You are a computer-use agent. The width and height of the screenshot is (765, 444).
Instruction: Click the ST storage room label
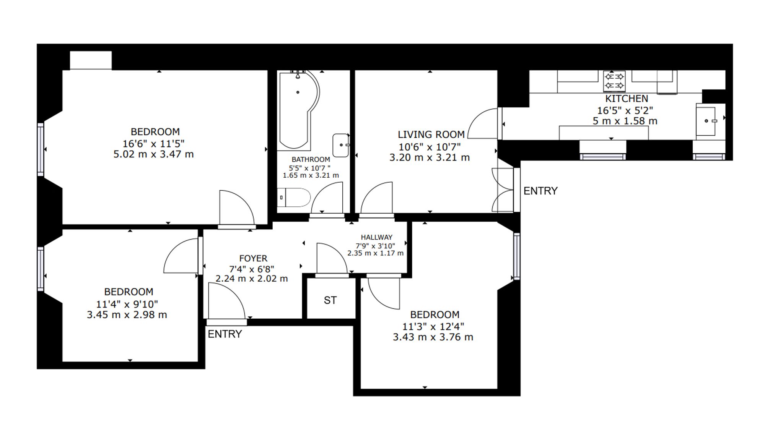click(x=330, y=300)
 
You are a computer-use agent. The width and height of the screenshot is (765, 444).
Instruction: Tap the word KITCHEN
click(x=627, y=99)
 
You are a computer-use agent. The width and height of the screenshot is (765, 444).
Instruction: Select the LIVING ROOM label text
click(x=431, y=134)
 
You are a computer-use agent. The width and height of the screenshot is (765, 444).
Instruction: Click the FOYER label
click(x=253, y=258)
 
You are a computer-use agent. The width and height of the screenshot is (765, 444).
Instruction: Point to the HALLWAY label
click(x=376, y=237)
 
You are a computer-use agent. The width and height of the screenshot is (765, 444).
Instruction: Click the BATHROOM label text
click(x=311, y=159)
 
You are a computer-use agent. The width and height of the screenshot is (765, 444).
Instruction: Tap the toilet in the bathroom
click(x=294, y=198)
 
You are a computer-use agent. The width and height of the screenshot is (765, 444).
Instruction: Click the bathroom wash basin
click(x=341, y=145)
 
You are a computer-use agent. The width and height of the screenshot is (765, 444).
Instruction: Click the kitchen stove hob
click(x=614, y=81)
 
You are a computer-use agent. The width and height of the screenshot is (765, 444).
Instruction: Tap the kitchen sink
click(x=706, y=121)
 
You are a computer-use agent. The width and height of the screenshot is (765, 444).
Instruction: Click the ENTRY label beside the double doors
click(x=540, y=191)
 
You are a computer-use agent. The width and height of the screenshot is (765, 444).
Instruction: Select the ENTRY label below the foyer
click(x=225, y=334)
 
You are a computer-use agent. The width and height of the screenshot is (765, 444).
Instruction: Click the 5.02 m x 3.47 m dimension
click(x=153, y=154)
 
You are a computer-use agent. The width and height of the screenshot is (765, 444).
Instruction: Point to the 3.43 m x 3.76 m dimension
click(x=433, y=337)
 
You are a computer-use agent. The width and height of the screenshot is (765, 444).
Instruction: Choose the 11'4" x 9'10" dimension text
click(x=127, y=304)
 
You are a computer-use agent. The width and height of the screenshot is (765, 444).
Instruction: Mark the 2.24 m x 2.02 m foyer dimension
click(x=252, y=279)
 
